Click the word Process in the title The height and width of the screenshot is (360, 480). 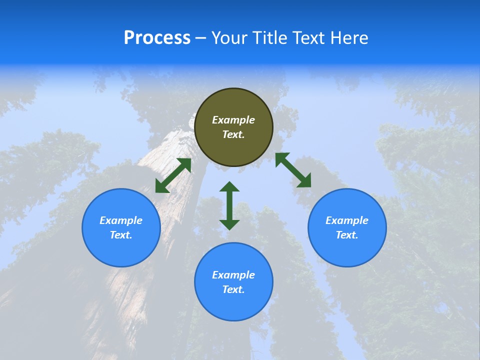point(157,38)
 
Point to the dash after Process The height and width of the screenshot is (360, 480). point(200,38)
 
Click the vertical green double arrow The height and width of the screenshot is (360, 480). point(229,205)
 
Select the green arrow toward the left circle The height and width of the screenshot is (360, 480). point(173,175)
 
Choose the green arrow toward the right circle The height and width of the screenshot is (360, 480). point(293,170)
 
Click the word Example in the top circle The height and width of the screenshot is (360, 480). point(233,120)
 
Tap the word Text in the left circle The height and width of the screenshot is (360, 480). point(121,235)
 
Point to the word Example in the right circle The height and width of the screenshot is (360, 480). point(347,220)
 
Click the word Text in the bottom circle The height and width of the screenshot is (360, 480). point(233,289)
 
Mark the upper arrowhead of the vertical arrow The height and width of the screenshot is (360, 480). point(229,187)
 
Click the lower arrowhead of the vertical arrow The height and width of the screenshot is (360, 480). point(229,224)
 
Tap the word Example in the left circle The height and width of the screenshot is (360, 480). point(121,220)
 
